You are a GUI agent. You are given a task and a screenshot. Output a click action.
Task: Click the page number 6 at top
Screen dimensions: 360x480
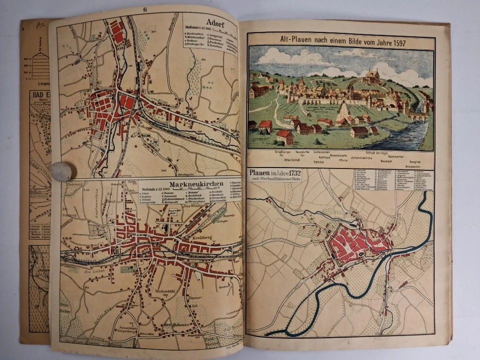(144, 8)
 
